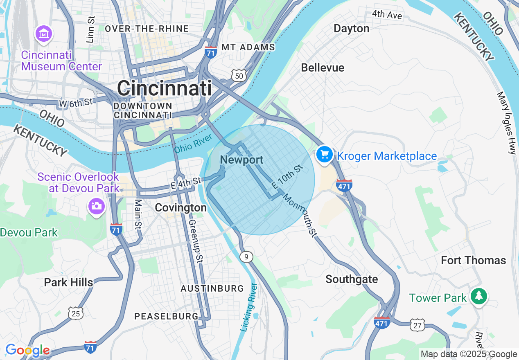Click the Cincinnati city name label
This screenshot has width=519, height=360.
point(164,88)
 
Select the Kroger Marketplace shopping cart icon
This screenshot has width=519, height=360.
point(325,155)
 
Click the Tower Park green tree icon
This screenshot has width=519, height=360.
point(478,296)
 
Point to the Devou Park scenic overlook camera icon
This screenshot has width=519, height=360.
point(96,206)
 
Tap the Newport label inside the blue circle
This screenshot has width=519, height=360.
point(241,160)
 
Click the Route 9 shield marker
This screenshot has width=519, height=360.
point(246,257)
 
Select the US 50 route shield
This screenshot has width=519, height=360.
point(239,75)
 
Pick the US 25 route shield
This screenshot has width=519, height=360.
point(75,313)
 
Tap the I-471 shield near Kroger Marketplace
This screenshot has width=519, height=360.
point(344,185)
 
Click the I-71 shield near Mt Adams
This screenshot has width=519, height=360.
point(210,52)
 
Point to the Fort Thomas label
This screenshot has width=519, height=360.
point(473,261)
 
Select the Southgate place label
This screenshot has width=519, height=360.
point(352,279)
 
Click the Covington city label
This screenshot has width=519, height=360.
point(181,208)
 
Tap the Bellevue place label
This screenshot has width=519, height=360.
point(323,68)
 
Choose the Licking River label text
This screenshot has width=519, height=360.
point(248,307)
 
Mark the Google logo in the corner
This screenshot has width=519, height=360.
point(27,350)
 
